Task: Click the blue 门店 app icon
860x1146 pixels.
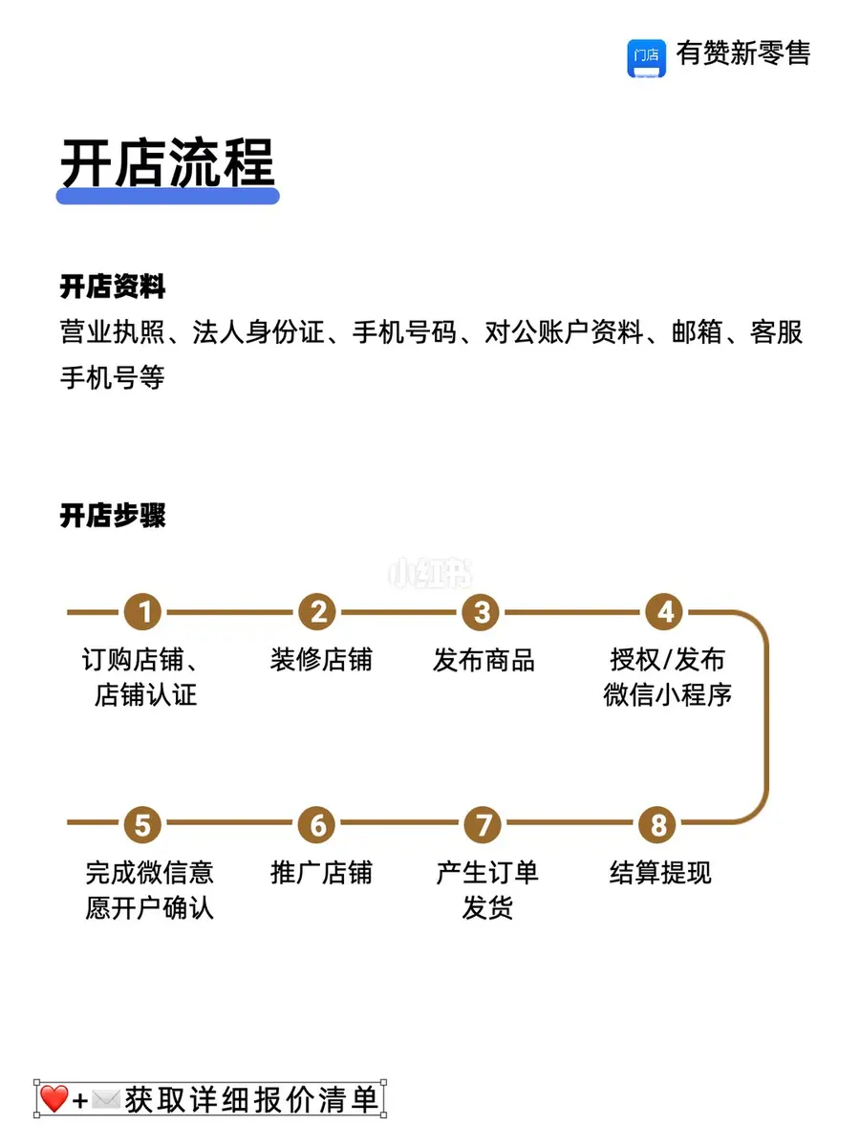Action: [646, 58]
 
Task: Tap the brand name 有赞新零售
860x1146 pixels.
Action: [743, 53]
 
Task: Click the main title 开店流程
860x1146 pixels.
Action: [167, 162]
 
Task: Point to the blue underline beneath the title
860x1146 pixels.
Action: [167, 196]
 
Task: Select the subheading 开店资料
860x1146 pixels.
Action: [112, 286]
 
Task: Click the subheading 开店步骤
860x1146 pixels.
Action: [112, 516]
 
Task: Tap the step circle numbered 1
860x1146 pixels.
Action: [142, 611]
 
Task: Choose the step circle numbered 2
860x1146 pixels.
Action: [317, 611]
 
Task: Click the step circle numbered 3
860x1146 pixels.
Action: [481, 611]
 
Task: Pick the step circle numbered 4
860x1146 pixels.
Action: [664, 611]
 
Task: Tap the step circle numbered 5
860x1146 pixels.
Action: [142, 824]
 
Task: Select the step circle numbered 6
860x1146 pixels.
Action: [317, 824]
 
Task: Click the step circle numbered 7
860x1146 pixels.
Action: [483, 824]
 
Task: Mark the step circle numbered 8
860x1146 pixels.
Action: [657, 824]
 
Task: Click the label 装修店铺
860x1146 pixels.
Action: [321, 659]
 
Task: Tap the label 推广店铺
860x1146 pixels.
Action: [321, 873]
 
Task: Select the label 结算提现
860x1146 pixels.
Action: [660, 873]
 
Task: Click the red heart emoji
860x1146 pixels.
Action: [54, 1098]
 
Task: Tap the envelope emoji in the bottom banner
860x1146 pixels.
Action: [106, 1099]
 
